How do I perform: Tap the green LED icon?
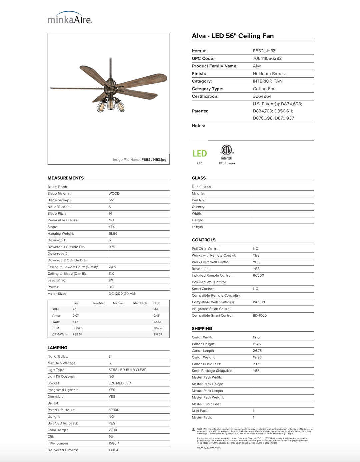click(200, 154)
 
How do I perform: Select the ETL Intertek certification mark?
click(227, 152)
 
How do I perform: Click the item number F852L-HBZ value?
click(264, 51)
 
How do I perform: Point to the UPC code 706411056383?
click(267, 58)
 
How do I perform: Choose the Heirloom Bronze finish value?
click(269, 74)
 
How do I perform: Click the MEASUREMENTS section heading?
click(66, 178)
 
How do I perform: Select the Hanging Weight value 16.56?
click(113, 234)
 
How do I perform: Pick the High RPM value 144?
click(156, 309)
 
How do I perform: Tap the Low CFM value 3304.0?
click(78, 328)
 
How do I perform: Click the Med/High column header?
click(140, 303)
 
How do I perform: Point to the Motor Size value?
click(122, 294)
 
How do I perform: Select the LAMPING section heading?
click(57, 348)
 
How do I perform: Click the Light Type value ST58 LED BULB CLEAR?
click(127, 370)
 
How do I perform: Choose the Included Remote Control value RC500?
click(258, 275)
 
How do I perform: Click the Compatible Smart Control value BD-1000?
click(260, 315)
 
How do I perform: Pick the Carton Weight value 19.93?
click(257, 357)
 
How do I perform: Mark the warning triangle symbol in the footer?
click(194, 430)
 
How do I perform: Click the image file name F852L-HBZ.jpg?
click(154, 160)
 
